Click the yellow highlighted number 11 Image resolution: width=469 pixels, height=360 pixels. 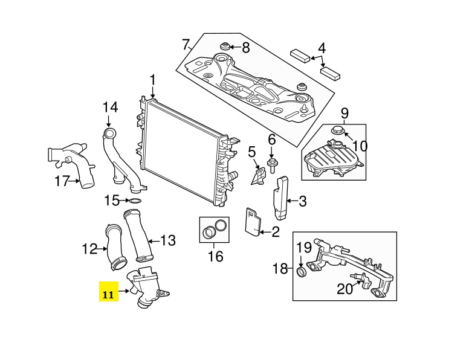click(x=108, y=295)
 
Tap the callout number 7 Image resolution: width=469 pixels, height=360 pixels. click(x=186, y=45)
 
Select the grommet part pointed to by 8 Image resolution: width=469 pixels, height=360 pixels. click(x=224, y=47)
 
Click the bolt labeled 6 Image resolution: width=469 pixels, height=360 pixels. click(x=272, y=165)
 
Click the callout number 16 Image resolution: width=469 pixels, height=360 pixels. click(x=216, y=256)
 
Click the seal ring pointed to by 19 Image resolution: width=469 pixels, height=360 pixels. click(x=301, y=272)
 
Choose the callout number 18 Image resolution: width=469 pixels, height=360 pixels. click(x=280, y=269)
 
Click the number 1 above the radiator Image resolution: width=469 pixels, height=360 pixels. click(x=152, y=80)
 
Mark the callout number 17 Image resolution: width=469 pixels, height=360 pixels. click(x=62, y=181)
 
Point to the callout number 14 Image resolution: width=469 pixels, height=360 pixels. click(x=111, y=108)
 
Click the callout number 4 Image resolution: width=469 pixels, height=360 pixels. click(x=322, y=48)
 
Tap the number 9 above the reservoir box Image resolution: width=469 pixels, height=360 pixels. click(x=344, y=114)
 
